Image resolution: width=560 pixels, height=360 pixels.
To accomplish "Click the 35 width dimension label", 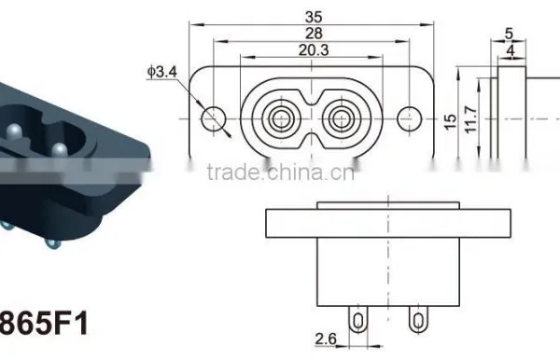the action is point(314,17).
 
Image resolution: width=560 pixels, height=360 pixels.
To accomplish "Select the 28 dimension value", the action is point(314,34).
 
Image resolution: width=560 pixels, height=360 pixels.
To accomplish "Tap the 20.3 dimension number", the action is point(314,50).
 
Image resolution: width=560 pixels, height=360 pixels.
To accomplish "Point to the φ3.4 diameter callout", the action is point(161,72).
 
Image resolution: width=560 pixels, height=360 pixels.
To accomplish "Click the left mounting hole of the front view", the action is point(214,118).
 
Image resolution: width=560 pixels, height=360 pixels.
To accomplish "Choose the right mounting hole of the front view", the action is point(410,118).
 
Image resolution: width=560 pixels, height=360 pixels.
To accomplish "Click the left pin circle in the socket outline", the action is point(282,118).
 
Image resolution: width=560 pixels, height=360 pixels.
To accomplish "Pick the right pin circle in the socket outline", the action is point(342,118).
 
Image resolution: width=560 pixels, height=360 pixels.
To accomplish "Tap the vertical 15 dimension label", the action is point(451,121).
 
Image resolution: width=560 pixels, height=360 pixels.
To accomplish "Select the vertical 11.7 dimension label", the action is point(470,119).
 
